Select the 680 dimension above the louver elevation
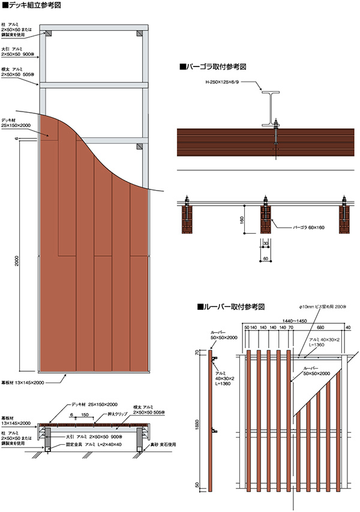pos(320,328)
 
